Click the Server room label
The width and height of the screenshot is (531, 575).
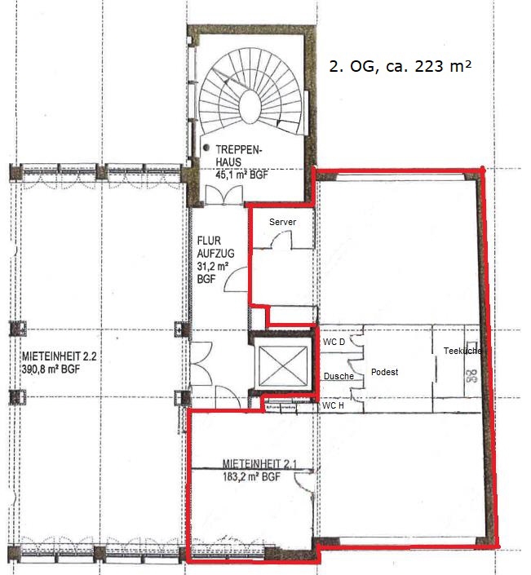click(x=282, y=222)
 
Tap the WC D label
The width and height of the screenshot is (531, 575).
click(x=334, y=342)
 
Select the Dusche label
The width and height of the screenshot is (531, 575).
click(x=339, y=376)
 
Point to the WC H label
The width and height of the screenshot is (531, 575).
click(x=333, y=405)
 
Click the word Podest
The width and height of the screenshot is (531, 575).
click(x=384, y=372)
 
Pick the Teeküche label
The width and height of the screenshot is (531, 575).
click(x=462, y=351)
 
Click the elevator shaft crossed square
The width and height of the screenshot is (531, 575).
click(x=283, y=366)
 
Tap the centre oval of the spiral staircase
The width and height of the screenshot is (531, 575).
click(x=250, y=106)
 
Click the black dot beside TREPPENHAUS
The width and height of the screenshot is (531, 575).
click(x=206, y=148)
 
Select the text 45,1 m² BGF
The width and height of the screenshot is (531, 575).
click(x=241, y=175)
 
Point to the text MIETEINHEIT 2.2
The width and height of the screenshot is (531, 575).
click(x=59, y=356)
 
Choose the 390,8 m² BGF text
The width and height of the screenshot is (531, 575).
click(x=51, y=369)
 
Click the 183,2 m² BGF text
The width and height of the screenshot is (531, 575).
click(x=251, y=477)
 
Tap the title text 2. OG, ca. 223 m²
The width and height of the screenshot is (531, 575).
click(x=400, y=66)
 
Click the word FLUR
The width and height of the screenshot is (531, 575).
click(x=209, y=241)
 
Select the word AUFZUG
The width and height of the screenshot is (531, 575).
click(x=215, y=254)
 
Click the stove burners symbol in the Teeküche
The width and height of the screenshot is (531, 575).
click(x=472, y=376)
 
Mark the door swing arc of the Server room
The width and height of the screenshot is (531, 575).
click(x=280, y=237)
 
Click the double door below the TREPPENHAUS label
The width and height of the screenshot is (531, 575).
click(x=223, y=195)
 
